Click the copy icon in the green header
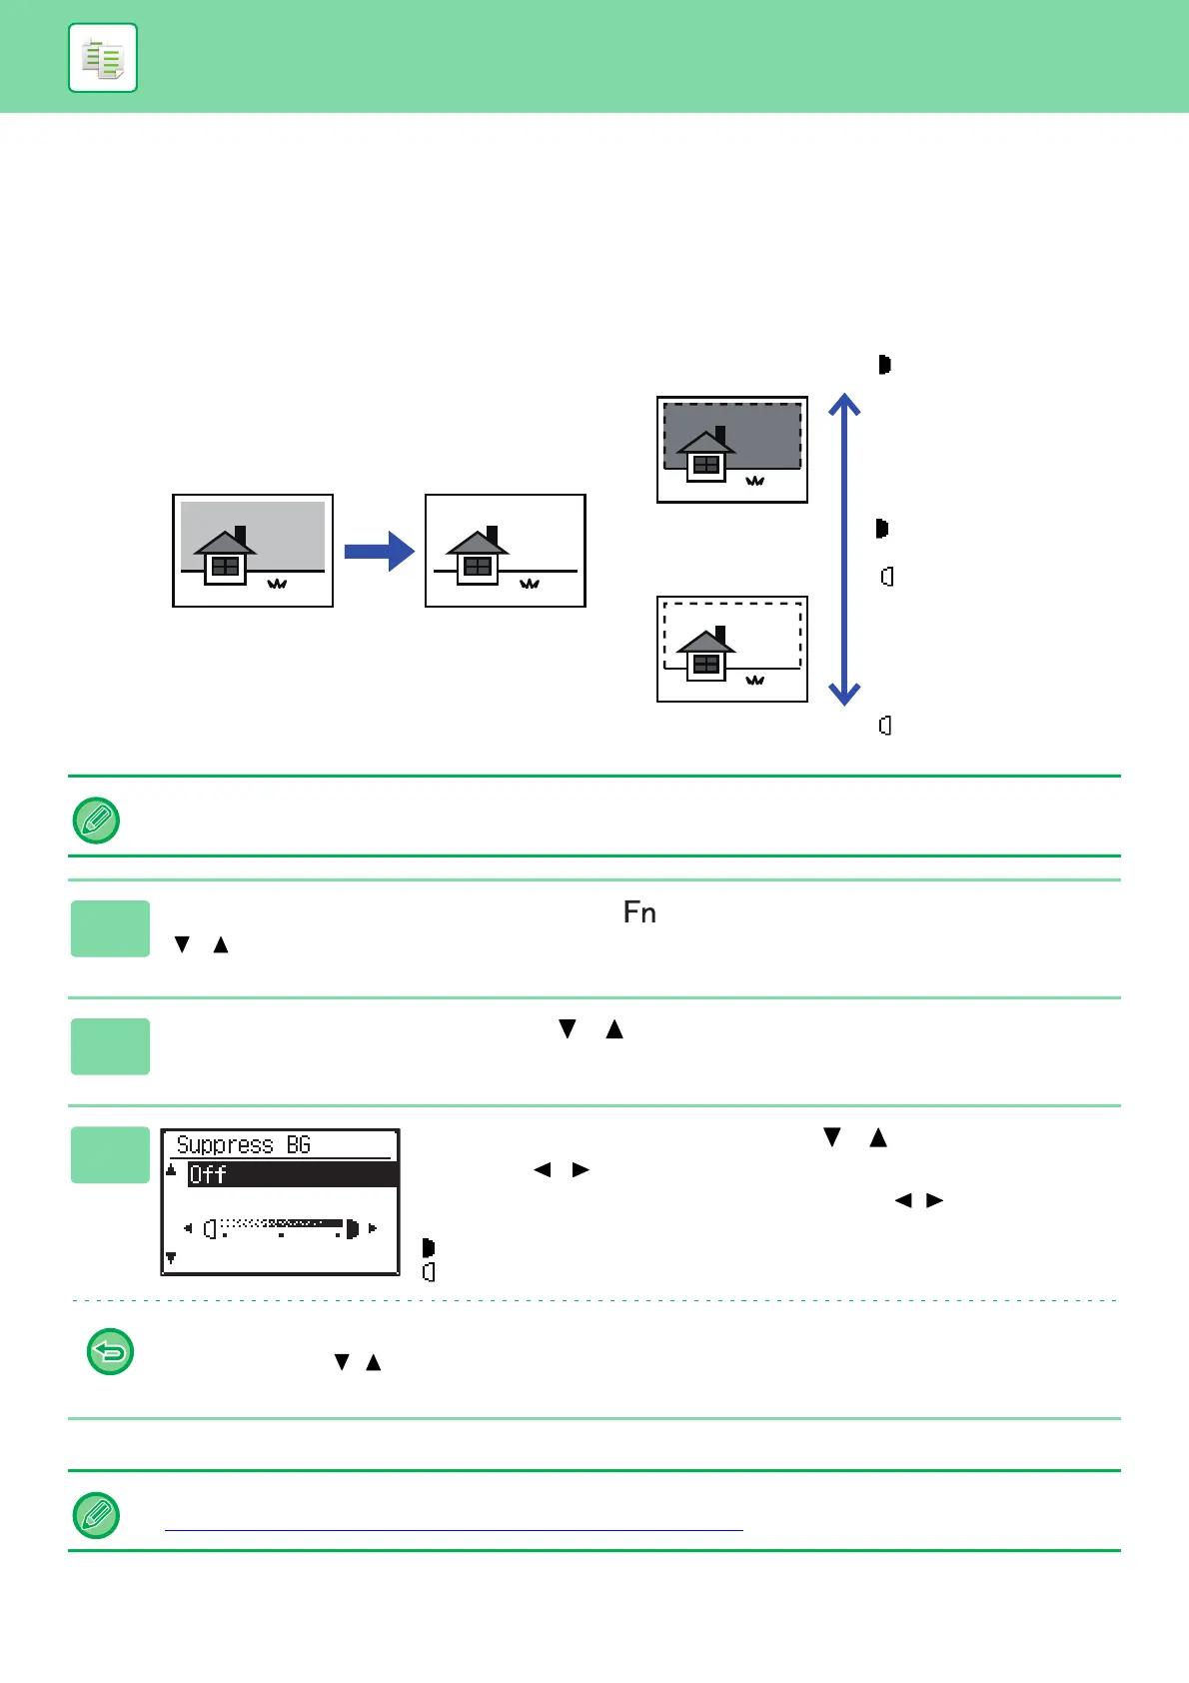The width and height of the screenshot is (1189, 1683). [103, 58]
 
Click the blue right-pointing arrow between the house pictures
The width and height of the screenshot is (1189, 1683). [379, 552]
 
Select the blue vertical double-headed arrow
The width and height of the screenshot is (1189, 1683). [844, 550]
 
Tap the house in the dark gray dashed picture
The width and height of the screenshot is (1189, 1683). [706, 456]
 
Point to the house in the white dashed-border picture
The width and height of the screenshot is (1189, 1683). [706, 655]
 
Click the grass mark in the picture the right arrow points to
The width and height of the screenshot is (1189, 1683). [530, 584]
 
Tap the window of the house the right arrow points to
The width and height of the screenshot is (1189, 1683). [478, 567]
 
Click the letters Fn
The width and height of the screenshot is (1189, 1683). [639, 912]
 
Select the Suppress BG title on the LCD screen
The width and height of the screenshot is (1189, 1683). [244, 1145]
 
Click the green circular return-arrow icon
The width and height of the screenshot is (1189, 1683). [111, 1352]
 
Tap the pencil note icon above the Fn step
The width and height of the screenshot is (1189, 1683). [97, 821]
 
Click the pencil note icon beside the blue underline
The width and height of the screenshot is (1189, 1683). [97, 1515]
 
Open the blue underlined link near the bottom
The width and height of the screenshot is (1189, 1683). [454, 1529]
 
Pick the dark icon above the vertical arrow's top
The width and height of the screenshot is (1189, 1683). [884, 365]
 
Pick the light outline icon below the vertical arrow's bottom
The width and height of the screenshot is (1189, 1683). [885, 726]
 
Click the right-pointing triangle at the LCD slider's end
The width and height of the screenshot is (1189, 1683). [373, 1228]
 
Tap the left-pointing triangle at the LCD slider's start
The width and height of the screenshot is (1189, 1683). [188, 1228]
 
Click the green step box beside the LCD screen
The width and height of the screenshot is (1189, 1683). [110, 1154]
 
